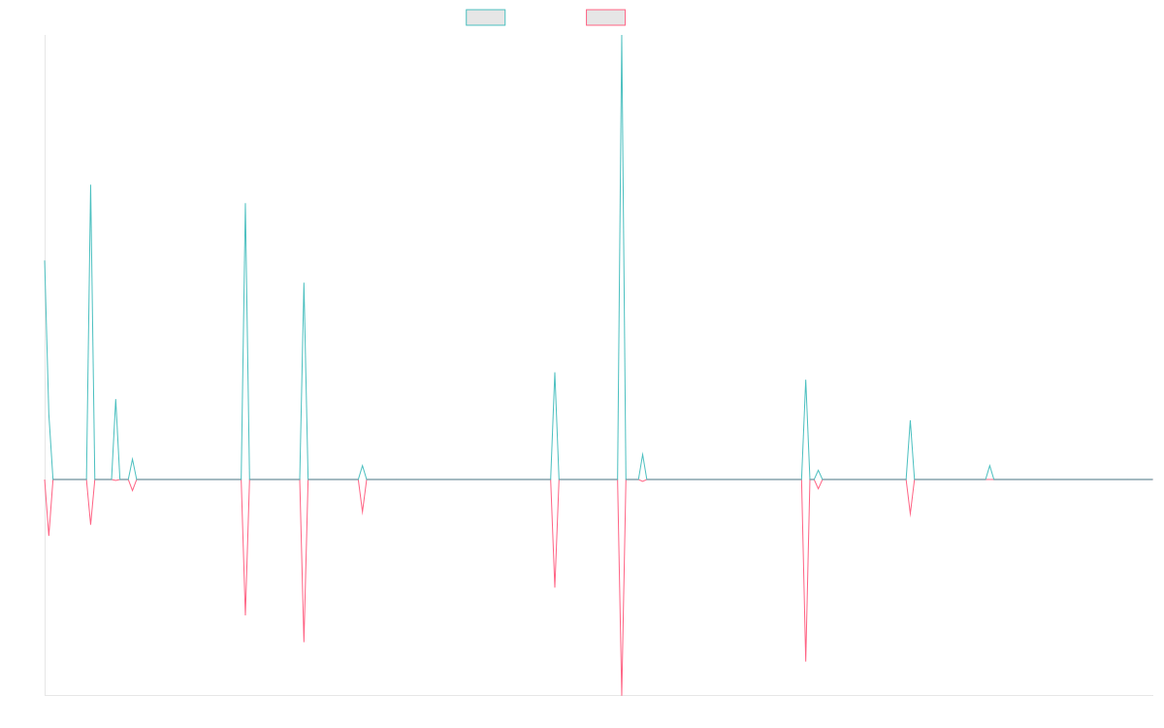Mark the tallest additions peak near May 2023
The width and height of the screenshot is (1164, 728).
tap(620, 37)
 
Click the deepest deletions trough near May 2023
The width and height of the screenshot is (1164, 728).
tap(621, 693)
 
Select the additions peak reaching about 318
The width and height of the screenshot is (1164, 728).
tap(90, 185)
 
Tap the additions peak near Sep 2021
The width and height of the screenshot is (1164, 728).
tap(245, 204)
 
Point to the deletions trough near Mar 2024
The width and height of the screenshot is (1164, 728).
tap(806, 661)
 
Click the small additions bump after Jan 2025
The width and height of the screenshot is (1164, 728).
tap(989, 466)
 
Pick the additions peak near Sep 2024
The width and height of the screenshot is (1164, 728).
tap(910, 420)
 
